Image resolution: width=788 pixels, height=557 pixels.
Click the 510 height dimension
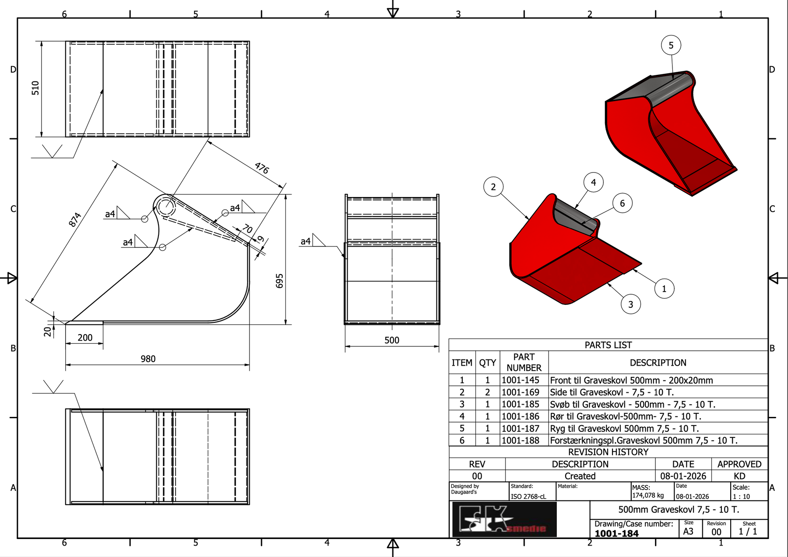(35, 88)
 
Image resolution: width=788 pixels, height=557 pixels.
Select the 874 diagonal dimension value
(75, 219)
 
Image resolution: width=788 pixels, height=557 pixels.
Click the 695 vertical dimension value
(280, 281)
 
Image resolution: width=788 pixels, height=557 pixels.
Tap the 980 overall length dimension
(148, 359)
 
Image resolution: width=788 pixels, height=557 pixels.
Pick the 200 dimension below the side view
(85, 338)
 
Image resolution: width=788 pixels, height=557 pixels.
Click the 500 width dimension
(392, 340)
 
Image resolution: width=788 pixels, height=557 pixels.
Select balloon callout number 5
(671, 45)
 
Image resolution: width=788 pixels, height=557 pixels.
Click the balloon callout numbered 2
(493, 187)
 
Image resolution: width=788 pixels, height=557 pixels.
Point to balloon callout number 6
(622, 203)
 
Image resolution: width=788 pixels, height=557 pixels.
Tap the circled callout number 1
(664, 289)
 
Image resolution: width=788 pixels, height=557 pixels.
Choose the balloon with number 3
(630, 304)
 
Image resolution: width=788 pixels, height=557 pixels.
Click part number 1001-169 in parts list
(521, 392)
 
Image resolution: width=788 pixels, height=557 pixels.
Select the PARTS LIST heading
(608, 345)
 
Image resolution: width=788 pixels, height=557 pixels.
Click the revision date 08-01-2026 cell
(683, 476)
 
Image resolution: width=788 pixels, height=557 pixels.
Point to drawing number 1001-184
(616, 533)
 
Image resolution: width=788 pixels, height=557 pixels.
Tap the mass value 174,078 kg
(648, 495)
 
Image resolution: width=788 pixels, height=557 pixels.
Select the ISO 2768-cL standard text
(528, 497)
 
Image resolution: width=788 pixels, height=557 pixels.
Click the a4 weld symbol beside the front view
(306, 241)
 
